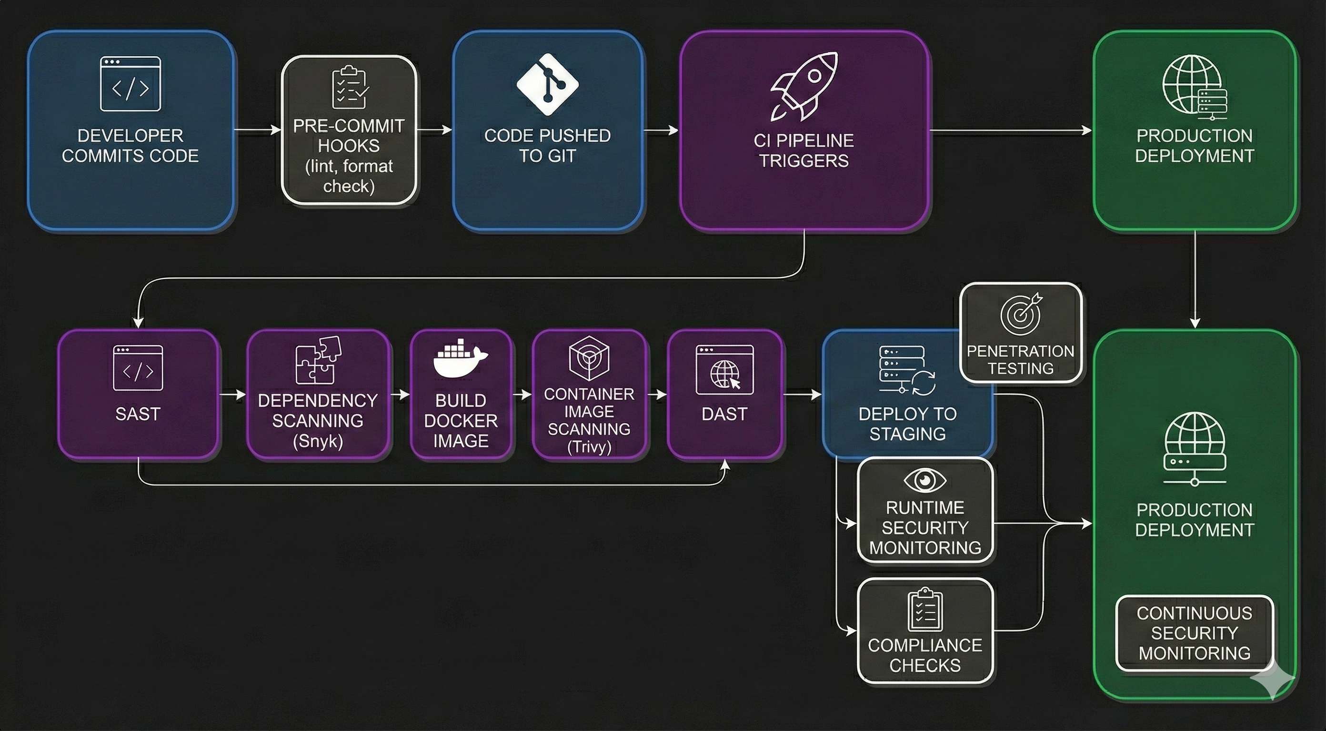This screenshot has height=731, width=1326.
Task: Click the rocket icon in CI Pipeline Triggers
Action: tap(803, 87)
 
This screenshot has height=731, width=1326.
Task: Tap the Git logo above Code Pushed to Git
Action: tap(547, 84)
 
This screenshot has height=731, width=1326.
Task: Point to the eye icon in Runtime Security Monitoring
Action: tap(924, 480)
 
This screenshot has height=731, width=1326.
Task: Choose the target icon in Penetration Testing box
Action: tap(1021, 314)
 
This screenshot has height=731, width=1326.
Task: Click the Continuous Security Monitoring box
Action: tap(1194, 633)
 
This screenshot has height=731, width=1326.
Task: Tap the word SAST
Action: tap(138, 414)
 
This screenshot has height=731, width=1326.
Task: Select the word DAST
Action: tap(724, 414)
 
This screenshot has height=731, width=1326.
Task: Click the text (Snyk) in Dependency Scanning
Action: tap(318, 441)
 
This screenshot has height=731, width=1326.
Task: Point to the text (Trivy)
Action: tap(589, 446)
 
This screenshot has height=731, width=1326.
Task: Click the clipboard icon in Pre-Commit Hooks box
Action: tap(349, 88)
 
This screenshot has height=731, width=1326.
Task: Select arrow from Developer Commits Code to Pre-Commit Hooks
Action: tap(257, 130)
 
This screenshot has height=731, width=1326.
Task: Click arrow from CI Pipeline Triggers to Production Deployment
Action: tap(1009, 130)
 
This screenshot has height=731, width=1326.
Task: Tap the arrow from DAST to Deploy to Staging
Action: tap(802, 395)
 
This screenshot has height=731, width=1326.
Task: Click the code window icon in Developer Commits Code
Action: tap(130, 84)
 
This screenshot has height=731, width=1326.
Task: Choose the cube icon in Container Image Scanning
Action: tap(589, 358)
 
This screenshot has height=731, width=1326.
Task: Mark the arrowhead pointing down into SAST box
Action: tap(138, 323)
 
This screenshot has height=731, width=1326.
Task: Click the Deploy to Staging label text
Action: tap(907, 424)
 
